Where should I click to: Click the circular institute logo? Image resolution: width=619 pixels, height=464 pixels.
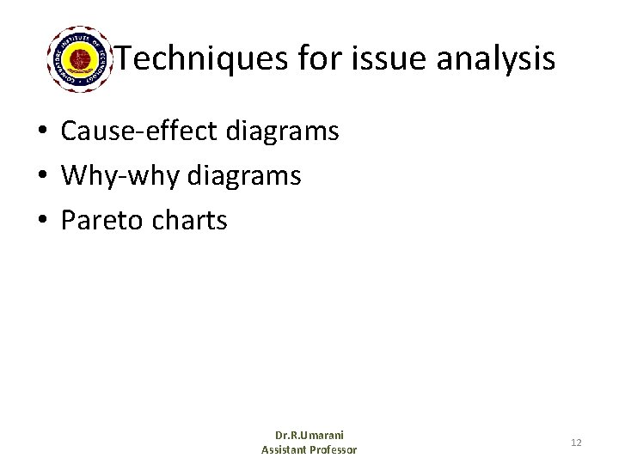82,58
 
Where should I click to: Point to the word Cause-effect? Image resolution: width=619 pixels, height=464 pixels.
139,131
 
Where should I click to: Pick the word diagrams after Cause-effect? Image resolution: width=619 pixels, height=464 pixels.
283,131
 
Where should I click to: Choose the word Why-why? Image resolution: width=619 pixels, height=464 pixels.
119,176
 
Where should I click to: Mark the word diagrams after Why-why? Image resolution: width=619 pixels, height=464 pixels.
244,176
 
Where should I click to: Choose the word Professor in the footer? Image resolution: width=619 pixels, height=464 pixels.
334,449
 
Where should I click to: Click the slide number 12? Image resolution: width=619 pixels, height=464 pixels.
576,443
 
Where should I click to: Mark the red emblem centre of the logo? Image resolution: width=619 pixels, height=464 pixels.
82,58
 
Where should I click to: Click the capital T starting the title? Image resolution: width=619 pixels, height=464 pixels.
124,59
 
